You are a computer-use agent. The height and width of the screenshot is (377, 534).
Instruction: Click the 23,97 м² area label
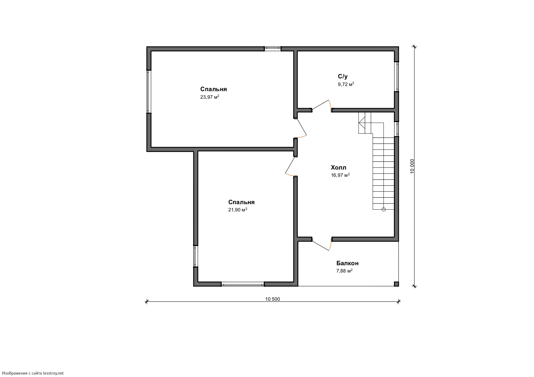(x=210, y=97)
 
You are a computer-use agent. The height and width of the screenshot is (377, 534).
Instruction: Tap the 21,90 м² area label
(x=238, y=210)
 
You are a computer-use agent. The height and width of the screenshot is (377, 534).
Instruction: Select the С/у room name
(x=343, y=77)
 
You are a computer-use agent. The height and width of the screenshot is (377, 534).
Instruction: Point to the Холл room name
(x=339, y=167)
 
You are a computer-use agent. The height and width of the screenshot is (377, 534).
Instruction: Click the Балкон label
(x=347, y=263)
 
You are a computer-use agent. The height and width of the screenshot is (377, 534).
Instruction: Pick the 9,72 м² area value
(x=346, y=84)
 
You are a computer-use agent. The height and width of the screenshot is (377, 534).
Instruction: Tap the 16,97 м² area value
(x=340, y=175)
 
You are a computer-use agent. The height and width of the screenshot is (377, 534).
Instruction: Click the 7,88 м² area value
(x=344, y=271)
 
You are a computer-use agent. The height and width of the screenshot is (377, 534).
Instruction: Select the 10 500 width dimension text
(x=272, y=299)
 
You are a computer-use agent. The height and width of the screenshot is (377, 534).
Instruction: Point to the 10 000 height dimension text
(x=412, y=166)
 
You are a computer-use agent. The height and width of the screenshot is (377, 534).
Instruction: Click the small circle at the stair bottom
(x=383, y=209)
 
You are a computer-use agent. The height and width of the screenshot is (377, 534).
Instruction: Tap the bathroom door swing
(x=322, y=105)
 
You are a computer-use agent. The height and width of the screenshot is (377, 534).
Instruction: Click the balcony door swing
(x=322, y=244)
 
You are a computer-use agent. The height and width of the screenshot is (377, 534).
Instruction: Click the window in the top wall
(x=272, y=48)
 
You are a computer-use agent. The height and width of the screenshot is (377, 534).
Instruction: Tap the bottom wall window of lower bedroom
(x=243, y=284)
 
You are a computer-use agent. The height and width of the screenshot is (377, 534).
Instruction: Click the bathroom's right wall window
(x=397, y=76)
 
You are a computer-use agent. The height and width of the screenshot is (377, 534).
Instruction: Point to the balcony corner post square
(x=396, y=284)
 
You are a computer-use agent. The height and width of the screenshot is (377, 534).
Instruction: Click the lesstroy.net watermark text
(x=32, y=373)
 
